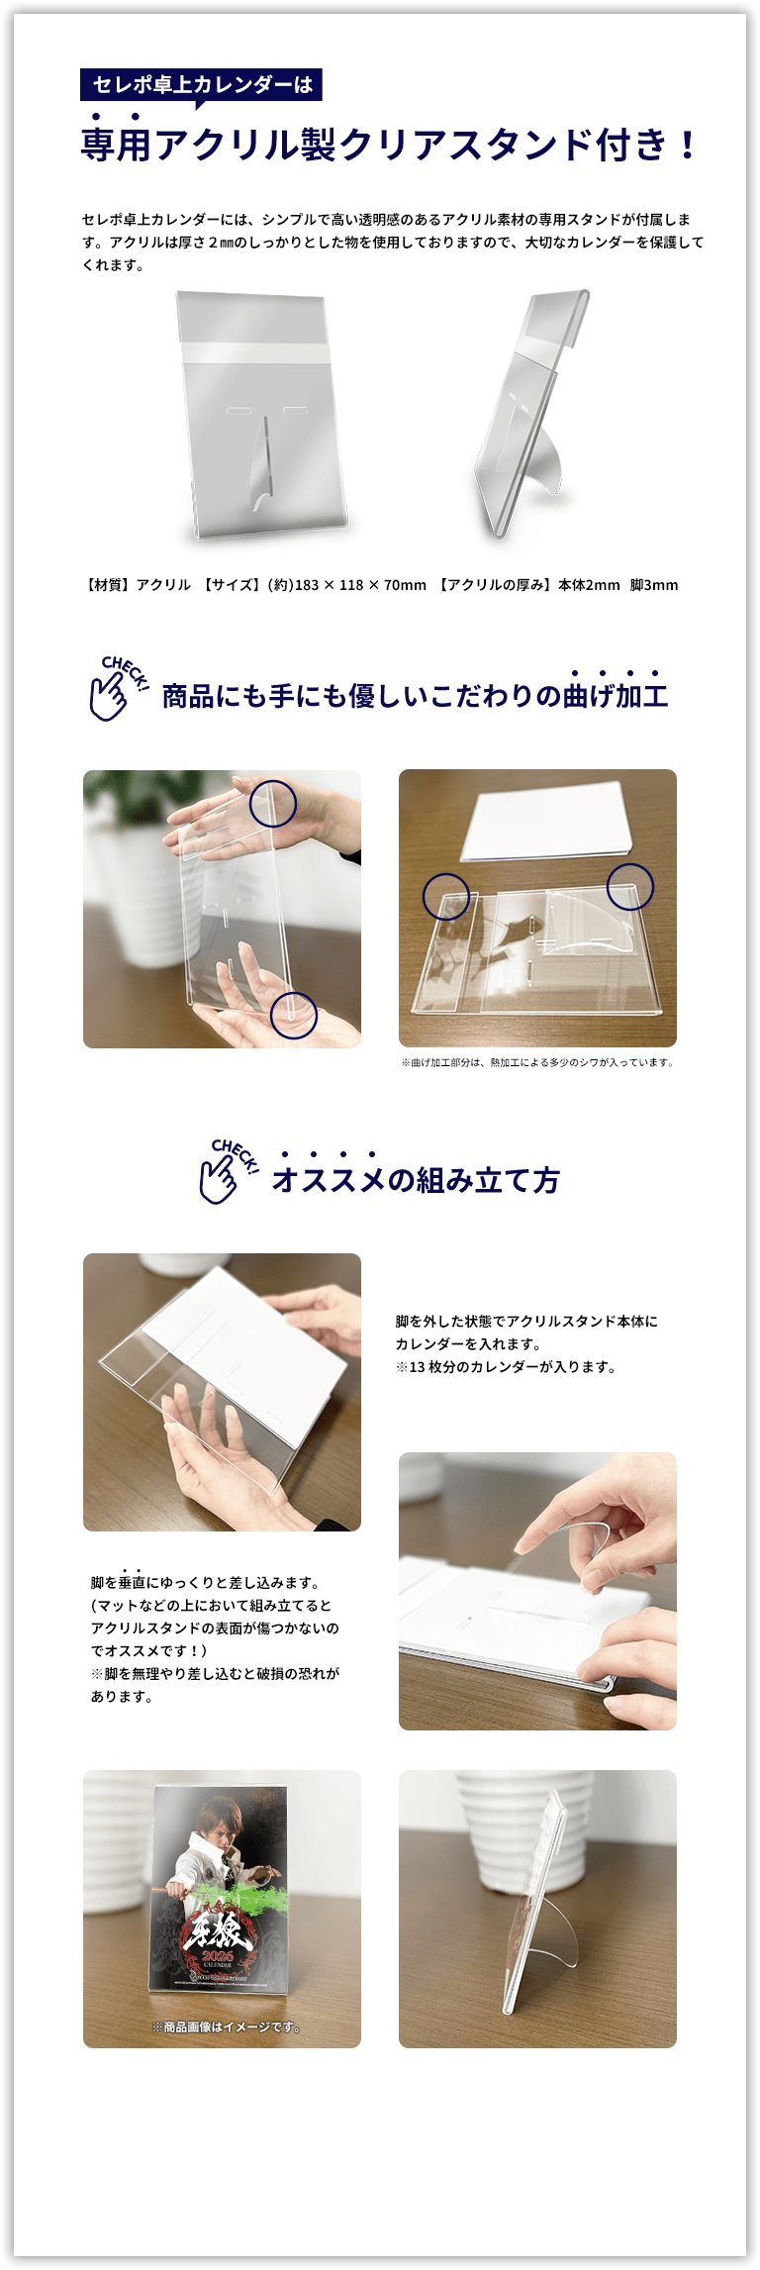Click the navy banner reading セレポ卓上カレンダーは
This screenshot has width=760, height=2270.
tap(201, 85)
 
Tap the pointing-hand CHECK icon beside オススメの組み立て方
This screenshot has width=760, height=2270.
tap(229, 1170)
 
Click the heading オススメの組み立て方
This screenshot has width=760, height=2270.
tap(416, 1180)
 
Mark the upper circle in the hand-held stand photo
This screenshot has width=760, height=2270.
tap(272, 803)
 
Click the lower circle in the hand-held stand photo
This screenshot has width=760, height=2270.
tap(294, 1015)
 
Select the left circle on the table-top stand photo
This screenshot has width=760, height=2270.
tap(446, 896)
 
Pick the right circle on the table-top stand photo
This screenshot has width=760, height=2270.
tap(630, 886)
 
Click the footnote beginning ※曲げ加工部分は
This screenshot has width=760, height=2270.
tap(537, 1062)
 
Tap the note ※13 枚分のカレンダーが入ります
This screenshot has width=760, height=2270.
tap(506, 1367)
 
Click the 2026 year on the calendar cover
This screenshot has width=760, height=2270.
tap(218, 1956)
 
